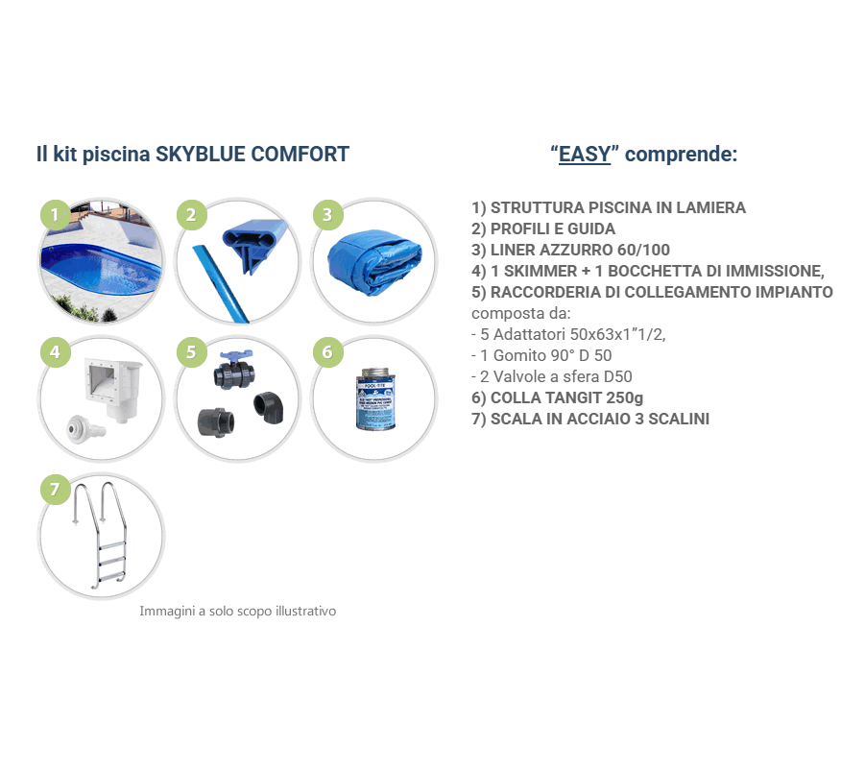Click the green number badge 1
coord(55,215)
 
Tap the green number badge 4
coord(55,352)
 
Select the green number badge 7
coord(55,490)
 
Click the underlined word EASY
coord(585,155)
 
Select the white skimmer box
coord(112,386)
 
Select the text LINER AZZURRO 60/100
coord(570,250)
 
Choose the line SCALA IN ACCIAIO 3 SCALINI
coord(590,419)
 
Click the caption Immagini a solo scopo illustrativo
coord(238,611)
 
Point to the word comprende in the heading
coord(687,155)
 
